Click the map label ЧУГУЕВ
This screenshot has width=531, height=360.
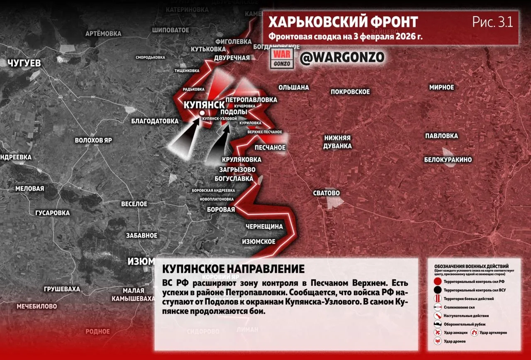point(24,63)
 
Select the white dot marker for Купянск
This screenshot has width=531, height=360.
point(202,113)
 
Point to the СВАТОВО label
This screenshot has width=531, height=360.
point(326,193)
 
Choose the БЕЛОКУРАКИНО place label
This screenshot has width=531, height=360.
point(448,160)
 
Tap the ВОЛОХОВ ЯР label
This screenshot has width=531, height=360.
point(93,140)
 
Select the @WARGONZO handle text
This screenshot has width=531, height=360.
point(342,57)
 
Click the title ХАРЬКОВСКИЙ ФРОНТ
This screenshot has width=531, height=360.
point(343,22)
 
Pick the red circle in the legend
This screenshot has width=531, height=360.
point(437,282)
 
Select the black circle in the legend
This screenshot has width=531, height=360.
point(437,290)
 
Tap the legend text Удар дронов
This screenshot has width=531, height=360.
point(454,341)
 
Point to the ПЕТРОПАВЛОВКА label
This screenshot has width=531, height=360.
point(251,100)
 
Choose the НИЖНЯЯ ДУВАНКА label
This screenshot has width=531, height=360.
point(338,142)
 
